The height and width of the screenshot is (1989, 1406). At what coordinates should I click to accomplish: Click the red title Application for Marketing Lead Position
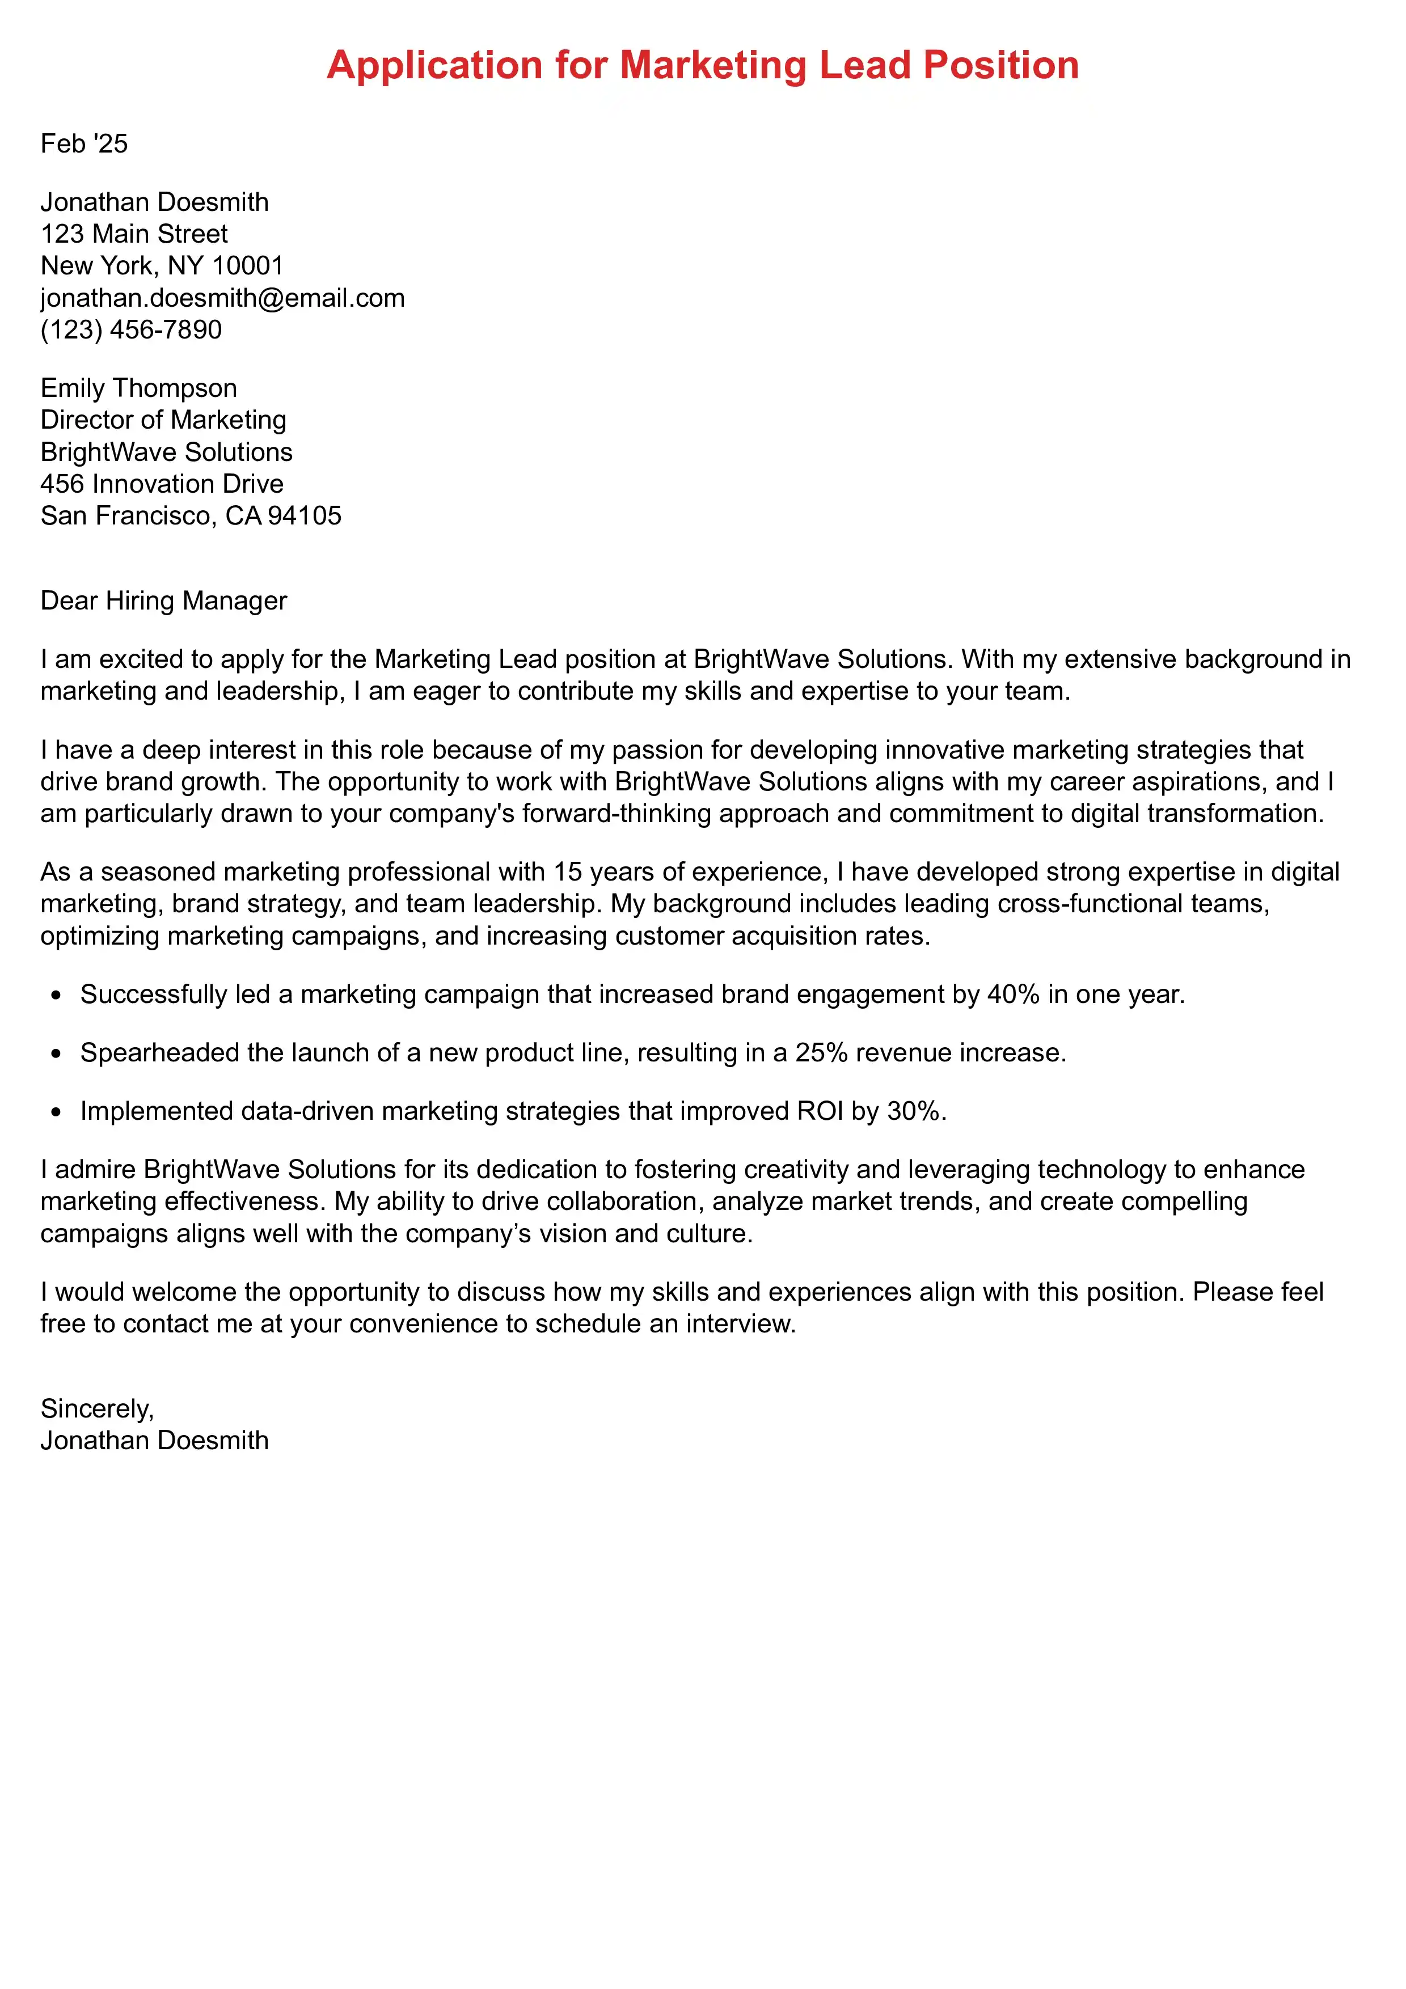coord(703,66)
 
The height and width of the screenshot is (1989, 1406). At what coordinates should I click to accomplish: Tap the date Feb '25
coord(84,144)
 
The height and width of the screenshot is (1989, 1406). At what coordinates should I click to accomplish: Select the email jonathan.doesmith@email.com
coord(223,298)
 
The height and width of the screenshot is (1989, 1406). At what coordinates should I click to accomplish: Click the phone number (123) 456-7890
coord(131,330)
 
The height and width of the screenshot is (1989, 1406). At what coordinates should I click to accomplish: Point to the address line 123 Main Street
coord(134,234)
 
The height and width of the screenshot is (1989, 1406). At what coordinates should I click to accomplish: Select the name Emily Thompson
coord(138,388)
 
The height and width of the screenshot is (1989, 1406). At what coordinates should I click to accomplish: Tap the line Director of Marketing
coord(163,420)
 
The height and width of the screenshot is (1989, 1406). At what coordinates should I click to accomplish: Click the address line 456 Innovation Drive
coord(162,484)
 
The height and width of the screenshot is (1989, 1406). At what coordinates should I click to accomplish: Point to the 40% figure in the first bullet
coord(1013,994)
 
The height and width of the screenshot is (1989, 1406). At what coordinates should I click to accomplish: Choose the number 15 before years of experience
coord(567,873)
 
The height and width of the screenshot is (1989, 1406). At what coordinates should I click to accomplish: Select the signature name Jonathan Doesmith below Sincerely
coord(154,1441)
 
